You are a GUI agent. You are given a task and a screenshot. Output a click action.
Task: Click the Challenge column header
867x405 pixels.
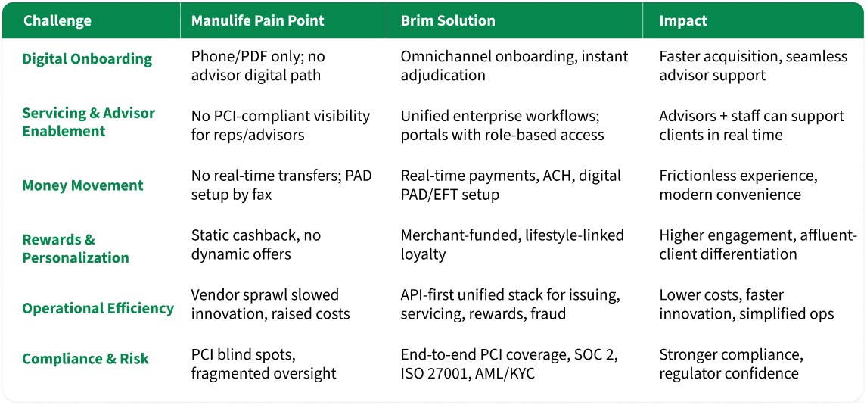click(x=57, y=21)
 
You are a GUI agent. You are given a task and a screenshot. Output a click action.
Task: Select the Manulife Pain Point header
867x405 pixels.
click(x=258, y=21)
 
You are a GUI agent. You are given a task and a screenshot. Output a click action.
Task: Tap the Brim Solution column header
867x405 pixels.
click(x=448, y=21)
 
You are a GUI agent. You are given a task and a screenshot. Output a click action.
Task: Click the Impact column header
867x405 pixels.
click(x=683, y=21)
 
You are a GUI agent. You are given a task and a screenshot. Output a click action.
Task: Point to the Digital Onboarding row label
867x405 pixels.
click(x=87, y=59)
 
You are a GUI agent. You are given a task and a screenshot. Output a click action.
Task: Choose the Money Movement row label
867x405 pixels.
click(x=82, y=185)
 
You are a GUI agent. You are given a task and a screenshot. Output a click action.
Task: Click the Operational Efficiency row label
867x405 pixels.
click(x=98, y=308)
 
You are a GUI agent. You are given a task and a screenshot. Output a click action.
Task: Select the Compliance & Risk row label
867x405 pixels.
click(x=85, y=359)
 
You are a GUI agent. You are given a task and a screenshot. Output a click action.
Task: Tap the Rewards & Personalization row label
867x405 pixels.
click(x=75, y=248)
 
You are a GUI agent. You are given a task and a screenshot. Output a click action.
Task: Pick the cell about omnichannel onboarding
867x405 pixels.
click(x=514, y=65)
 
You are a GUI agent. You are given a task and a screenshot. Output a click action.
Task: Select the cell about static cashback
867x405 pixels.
click(x=256, y=245)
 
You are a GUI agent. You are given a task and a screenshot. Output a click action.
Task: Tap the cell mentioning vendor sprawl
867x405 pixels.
click(x=270, y=304)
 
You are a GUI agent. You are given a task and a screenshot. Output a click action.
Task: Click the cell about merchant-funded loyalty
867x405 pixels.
click(x=512, y=245)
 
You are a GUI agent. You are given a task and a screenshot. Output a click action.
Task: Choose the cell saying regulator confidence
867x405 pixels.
click(x=729, y=373)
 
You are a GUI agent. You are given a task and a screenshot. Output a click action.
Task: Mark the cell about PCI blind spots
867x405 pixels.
click(x=263, y=364)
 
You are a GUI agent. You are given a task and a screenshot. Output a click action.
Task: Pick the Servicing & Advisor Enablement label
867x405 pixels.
click(x=89, y=122)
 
